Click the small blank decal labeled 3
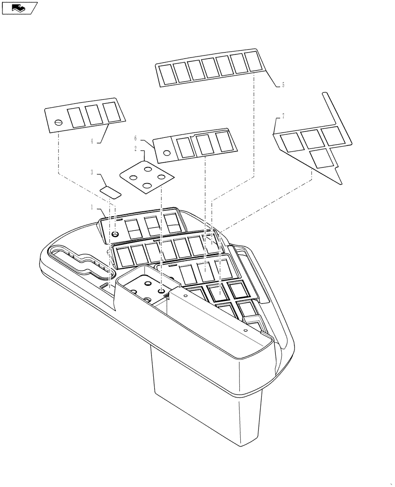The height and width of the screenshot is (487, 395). coord(110,190)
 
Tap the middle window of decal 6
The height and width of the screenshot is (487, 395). coord(203,144)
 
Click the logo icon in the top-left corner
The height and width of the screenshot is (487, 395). coord(19,7)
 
